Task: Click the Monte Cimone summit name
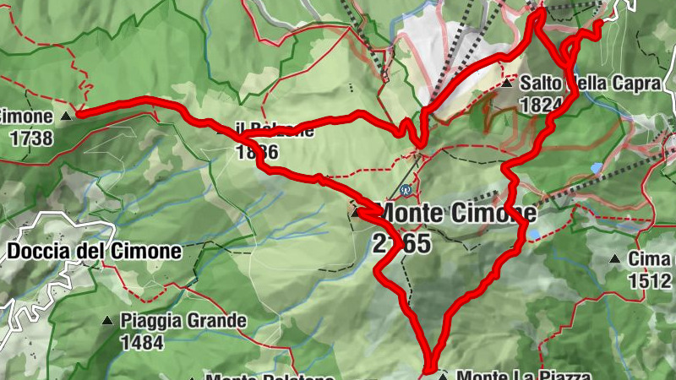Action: [x=458, y=211]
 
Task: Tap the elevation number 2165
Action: [x=401, y=244]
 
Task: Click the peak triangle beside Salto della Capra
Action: [x=507, y=84]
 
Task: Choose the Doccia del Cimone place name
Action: [x=95, y=251]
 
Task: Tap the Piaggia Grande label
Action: [x=183, y=321]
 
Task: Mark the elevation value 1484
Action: [x=141, y=342]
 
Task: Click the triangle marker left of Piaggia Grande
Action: [x=107, y=321]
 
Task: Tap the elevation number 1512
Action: [x=649, y=280]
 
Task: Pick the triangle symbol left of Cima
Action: [x=614, y=259]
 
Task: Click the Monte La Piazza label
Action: [x=521, y=374]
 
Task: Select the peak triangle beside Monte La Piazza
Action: [x=441, y=374]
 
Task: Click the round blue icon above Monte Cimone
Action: [x=406, y=189]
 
